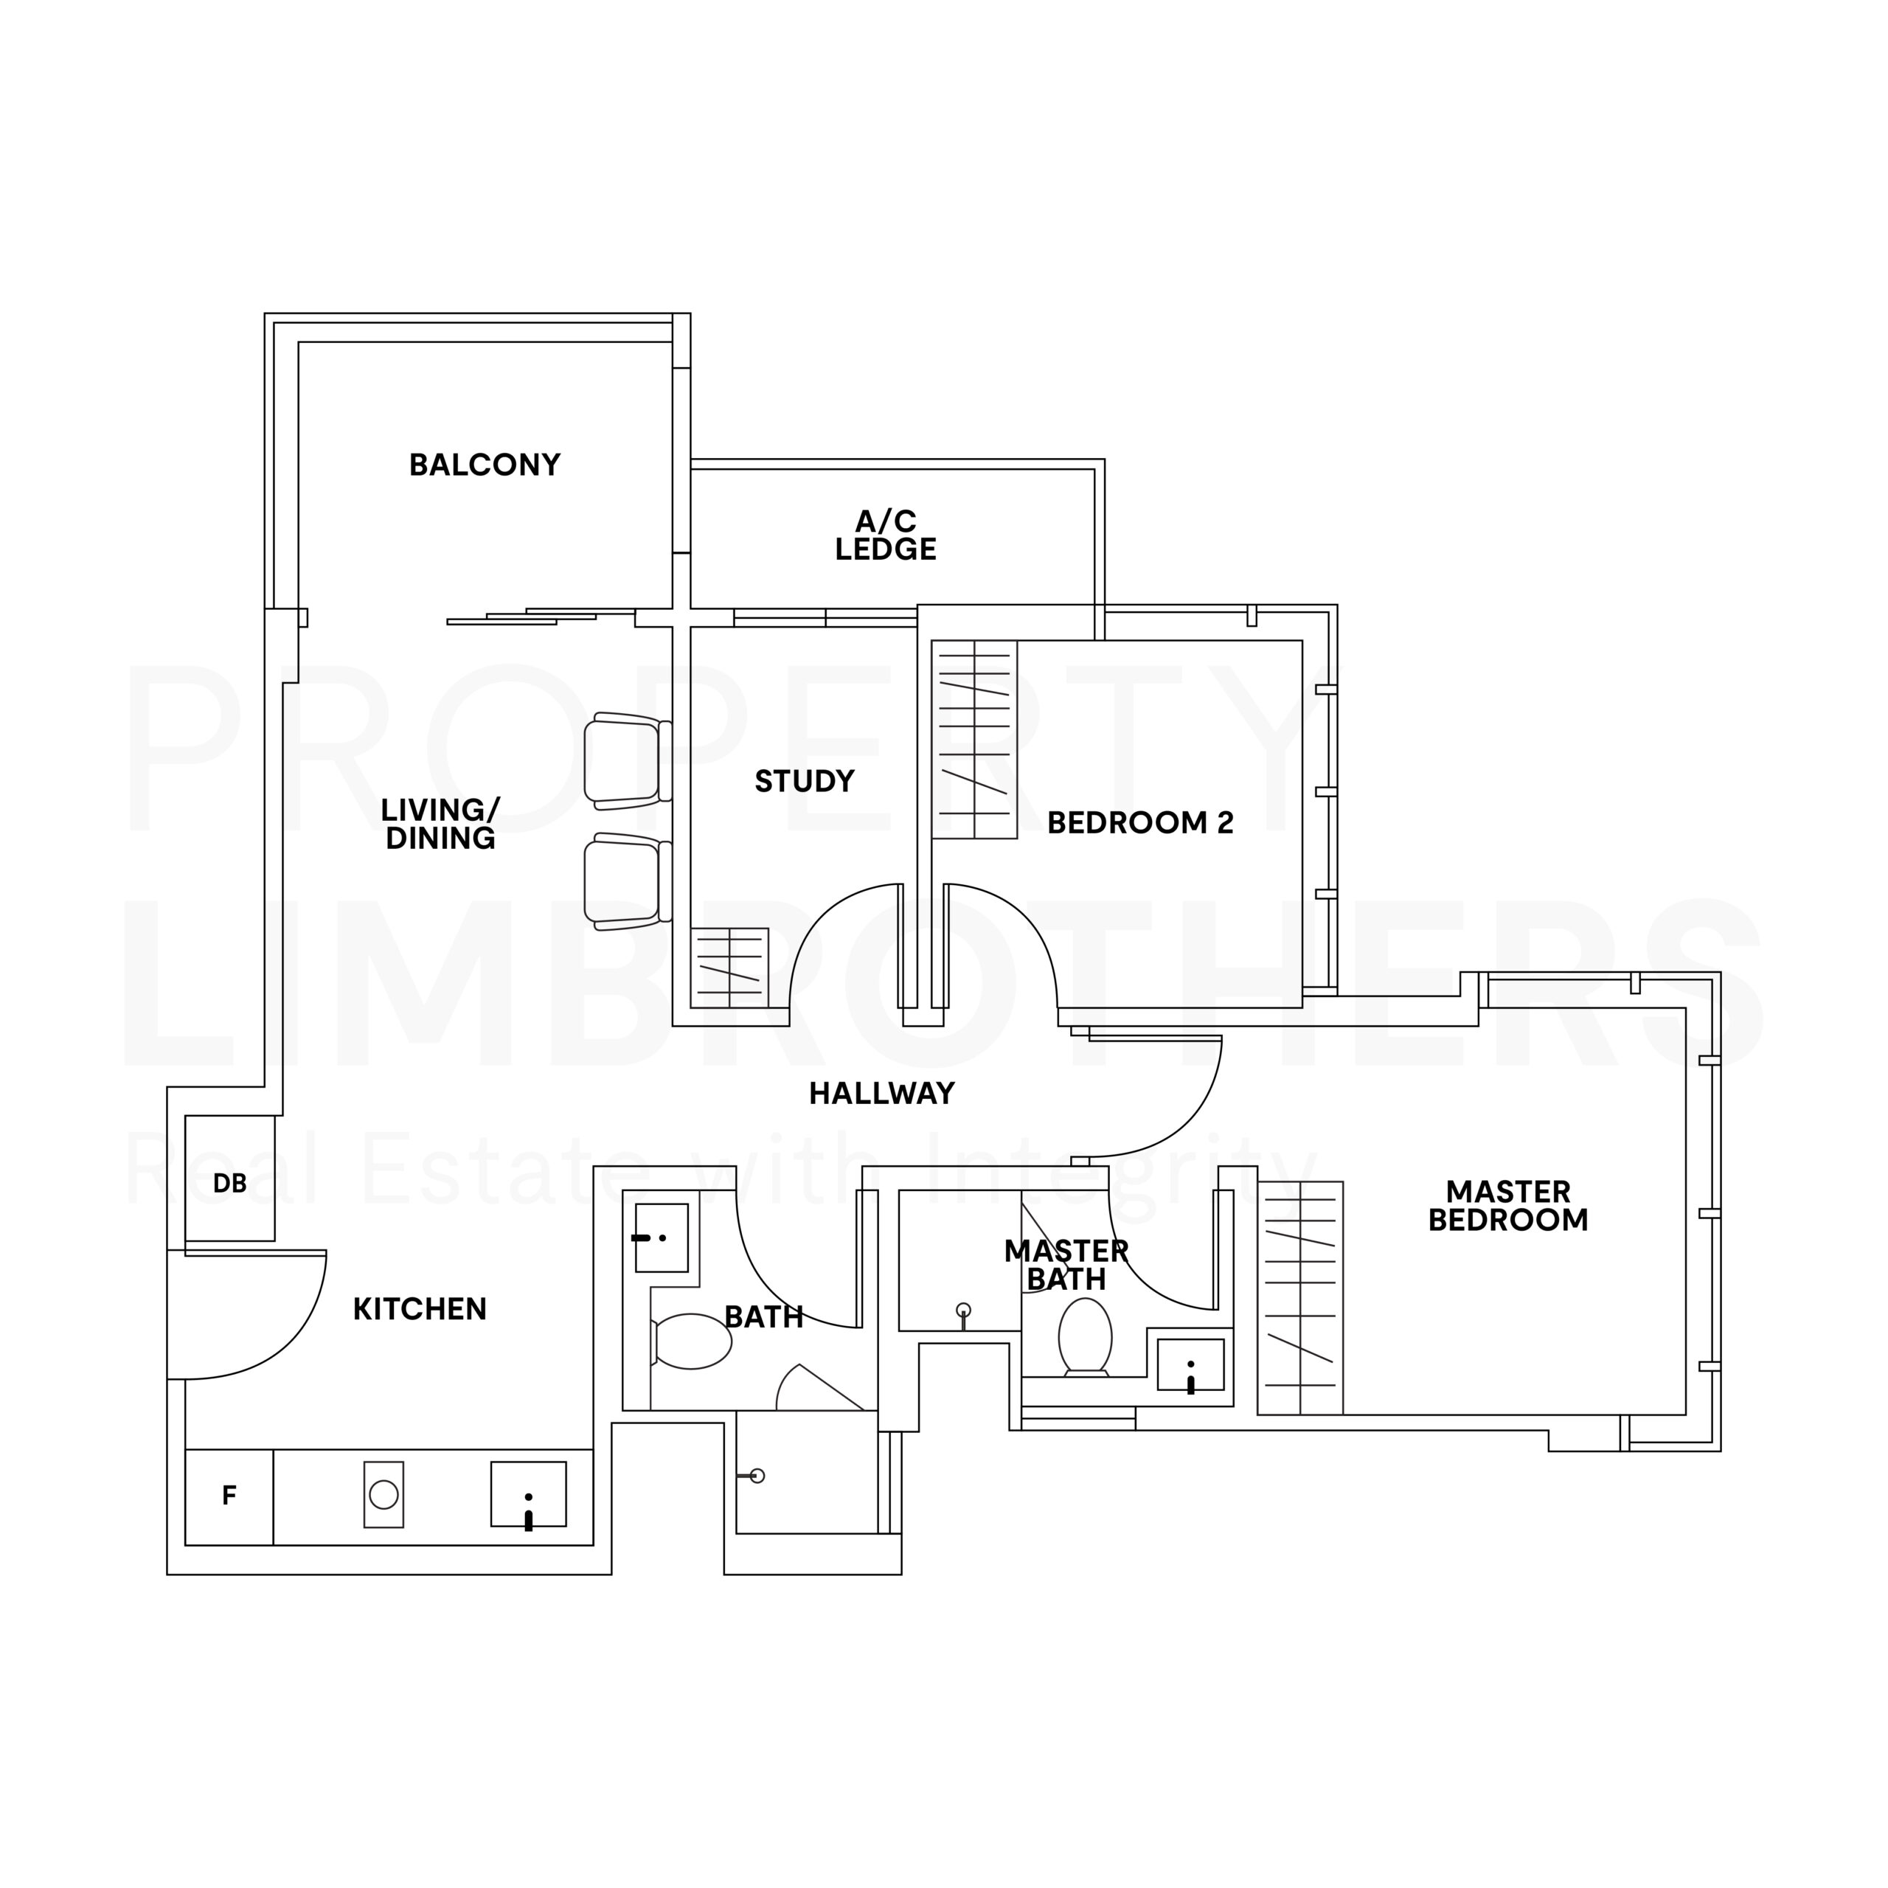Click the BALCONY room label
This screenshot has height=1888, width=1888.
[485, 465]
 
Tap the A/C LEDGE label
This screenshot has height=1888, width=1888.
[885, 535]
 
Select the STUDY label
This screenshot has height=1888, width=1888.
[805, 781]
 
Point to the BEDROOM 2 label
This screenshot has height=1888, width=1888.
[1140, 823]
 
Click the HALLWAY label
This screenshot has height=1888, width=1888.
[881, 1094]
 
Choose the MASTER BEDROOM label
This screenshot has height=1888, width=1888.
[1508, 1206]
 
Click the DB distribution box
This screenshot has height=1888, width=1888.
[229, 1178]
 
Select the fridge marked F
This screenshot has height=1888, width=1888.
[229, 1497]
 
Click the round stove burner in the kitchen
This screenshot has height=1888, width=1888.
[384, 1494]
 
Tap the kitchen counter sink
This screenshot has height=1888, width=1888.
[528, 1494]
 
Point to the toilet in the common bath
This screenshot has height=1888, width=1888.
[692, 1341]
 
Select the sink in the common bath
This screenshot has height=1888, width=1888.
[662, 1238]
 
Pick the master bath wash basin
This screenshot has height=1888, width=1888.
[1190, 1364]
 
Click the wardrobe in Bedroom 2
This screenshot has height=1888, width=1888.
[974, 740]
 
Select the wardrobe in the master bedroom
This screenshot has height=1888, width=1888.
[1299, 1298]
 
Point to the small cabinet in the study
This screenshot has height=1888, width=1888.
[729, 968]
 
